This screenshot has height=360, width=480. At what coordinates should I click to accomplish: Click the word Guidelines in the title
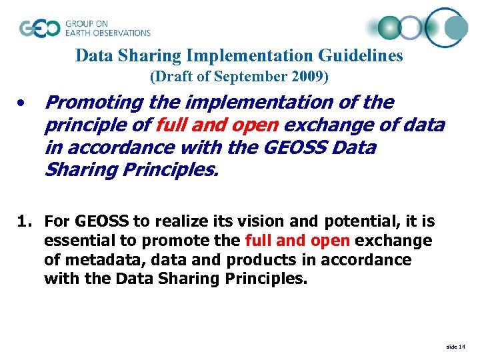[363, 55]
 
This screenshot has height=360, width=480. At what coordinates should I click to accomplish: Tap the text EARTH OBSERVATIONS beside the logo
[108, 33]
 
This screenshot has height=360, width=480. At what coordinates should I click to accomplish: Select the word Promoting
[94, 103]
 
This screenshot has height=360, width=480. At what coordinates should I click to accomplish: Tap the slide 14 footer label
[456, 347]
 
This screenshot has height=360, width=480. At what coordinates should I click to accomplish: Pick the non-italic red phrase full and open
[297, 241]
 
